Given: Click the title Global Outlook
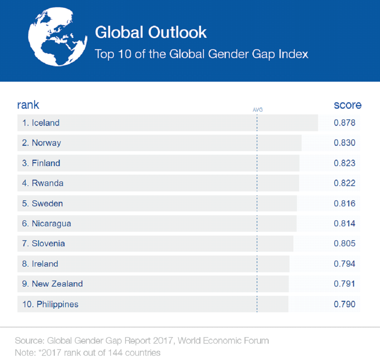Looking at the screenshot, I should tap(150, 32).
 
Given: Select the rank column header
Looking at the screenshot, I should tap(28, 105).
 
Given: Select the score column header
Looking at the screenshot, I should tap(347, 105).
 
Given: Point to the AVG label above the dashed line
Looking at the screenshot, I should tap(257, 110).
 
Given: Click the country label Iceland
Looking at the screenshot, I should tap(45, 123).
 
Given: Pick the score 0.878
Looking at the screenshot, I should tap(344, 123).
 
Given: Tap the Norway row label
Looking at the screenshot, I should tap(46, 143).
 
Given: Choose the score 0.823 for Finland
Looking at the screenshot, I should tap(344, 163).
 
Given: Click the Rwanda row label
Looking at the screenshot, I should tap(47, 183).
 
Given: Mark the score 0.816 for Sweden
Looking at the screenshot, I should tap(344, 204).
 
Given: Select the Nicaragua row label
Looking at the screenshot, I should tap(51, 223).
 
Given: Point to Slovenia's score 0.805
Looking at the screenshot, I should tap(344, 244).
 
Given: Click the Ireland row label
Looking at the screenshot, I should tap(45, 264).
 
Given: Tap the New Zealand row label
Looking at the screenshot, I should tap(57, 284).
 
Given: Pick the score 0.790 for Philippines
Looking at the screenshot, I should tap(344, 304).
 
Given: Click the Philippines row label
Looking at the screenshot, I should tap(57, 304).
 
